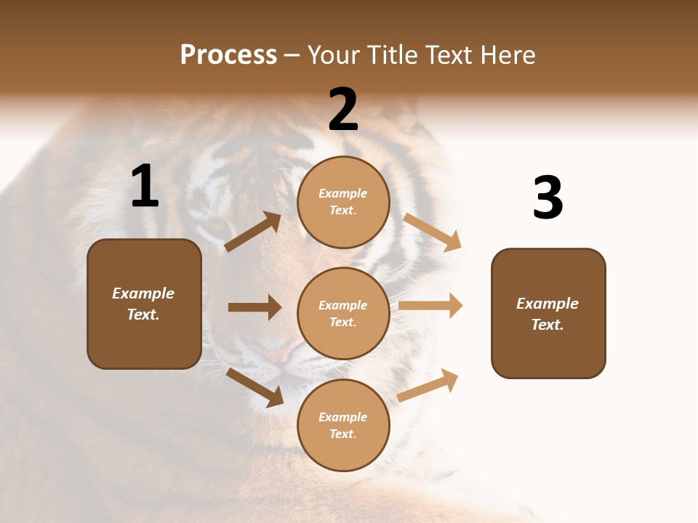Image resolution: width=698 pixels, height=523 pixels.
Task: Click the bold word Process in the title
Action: tap(228, 55)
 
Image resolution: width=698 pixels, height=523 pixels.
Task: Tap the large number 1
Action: tap(145, 187)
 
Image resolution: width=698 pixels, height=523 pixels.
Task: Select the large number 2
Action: tap(343, 110)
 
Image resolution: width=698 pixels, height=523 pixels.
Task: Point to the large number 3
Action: tap(547, 198)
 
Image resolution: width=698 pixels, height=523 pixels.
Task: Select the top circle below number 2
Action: tap(343, 202)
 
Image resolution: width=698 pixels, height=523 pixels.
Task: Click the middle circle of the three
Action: tap(343, 313)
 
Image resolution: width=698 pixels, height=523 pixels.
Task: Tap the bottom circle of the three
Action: tap(343, 425)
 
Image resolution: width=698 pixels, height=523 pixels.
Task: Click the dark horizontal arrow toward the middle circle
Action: tap(254, 307)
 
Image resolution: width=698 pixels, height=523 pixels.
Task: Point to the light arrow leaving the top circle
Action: tap(433, 232)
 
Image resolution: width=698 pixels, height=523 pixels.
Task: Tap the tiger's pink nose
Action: tap(273, 354)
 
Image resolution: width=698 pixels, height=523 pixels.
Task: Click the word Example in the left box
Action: tap(143, 293)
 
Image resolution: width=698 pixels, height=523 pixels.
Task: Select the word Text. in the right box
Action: tap(547, 325)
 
